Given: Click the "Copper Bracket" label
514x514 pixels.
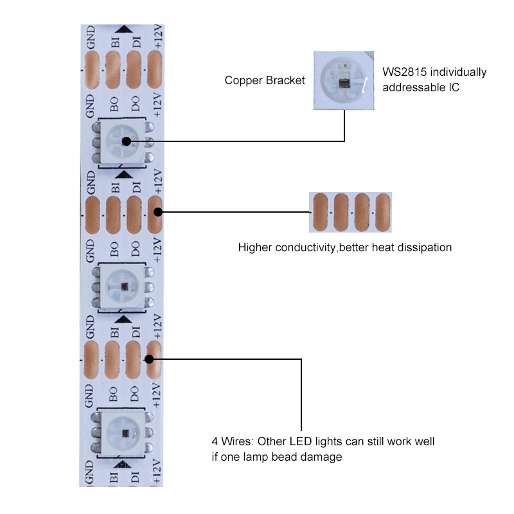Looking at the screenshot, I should click(x=265, y=80).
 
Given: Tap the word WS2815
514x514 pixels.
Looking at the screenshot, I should click(x=403, y=72).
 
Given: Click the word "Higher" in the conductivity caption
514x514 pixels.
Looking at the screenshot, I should click(x=255, y=247).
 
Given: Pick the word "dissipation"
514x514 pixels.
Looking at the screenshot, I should click(x=423, y=247).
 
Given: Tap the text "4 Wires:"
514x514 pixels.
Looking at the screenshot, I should click(x=230, y=442).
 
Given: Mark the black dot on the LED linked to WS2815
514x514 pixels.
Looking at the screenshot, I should click(x=126, y=141).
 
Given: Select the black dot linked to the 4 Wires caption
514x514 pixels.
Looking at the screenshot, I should click(x=152, y=360).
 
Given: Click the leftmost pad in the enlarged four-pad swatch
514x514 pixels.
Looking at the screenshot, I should click(x=319, y=213).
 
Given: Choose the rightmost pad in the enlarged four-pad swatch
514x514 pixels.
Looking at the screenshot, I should click(x=383, y=213).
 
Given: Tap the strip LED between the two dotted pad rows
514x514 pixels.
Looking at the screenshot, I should click(x=122, y=285).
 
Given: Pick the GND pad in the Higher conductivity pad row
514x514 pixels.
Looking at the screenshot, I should click(x=93, y=213).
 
